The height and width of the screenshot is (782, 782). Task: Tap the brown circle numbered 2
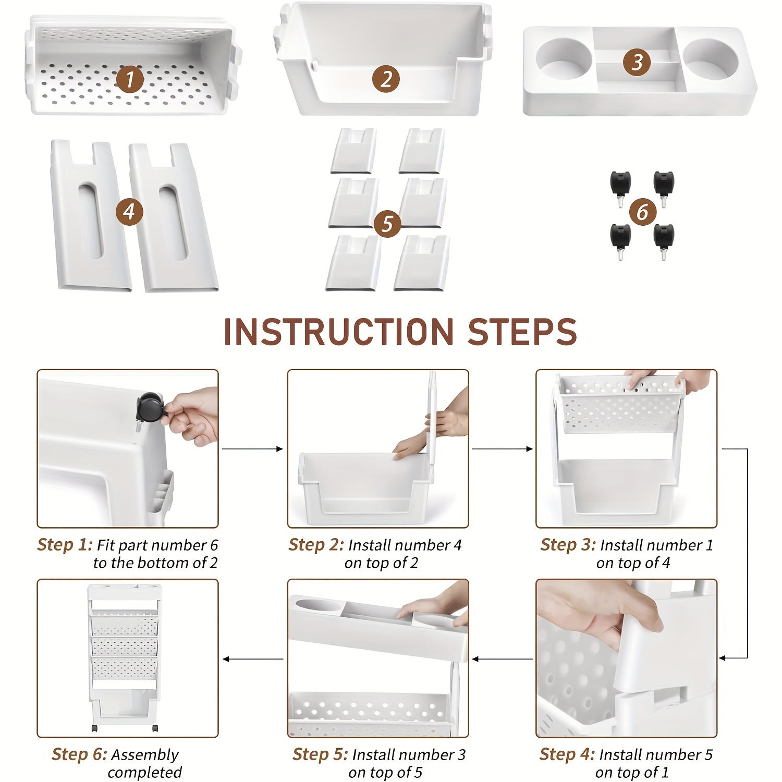(x=386, y=79)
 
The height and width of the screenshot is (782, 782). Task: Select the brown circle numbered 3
(x=637, y=62)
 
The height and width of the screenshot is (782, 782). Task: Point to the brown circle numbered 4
(x=129, y=212)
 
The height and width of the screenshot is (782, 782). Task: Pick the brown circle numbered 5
(x=387, y=224)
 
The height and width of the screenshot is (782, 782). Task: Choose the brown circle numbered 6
(x=642, y=212)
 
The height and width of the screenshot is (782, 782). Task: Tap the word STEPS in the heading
(x=522, y=331)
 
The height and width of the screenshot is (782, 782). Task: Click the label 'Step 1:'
(x=65, y=545)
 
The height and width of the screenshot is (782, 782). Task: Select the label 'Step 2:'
(x=316, y=545)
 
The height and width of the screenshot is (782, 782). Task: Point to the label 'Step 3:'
(x=568, y=545)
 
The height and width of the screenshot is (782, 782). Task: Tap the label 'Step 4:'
(x=567, y=754)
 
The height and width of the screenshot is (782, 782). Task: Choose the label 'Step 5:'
(x=320, y=754)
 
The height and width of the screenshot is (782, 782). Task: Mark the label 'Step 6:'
(x=79, y=754)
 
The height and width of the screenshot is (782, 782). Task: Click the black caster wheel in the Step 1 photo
(x=149, y=408)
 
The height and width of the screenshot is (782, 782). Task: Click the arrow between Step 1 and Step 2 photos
(x=253, y=448)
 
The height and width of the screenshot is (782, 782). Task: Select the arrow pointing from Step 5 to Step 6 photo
(x=253, y=659)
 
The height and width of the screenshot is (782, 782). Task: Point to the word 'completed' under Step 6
(x=145, y=772)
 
